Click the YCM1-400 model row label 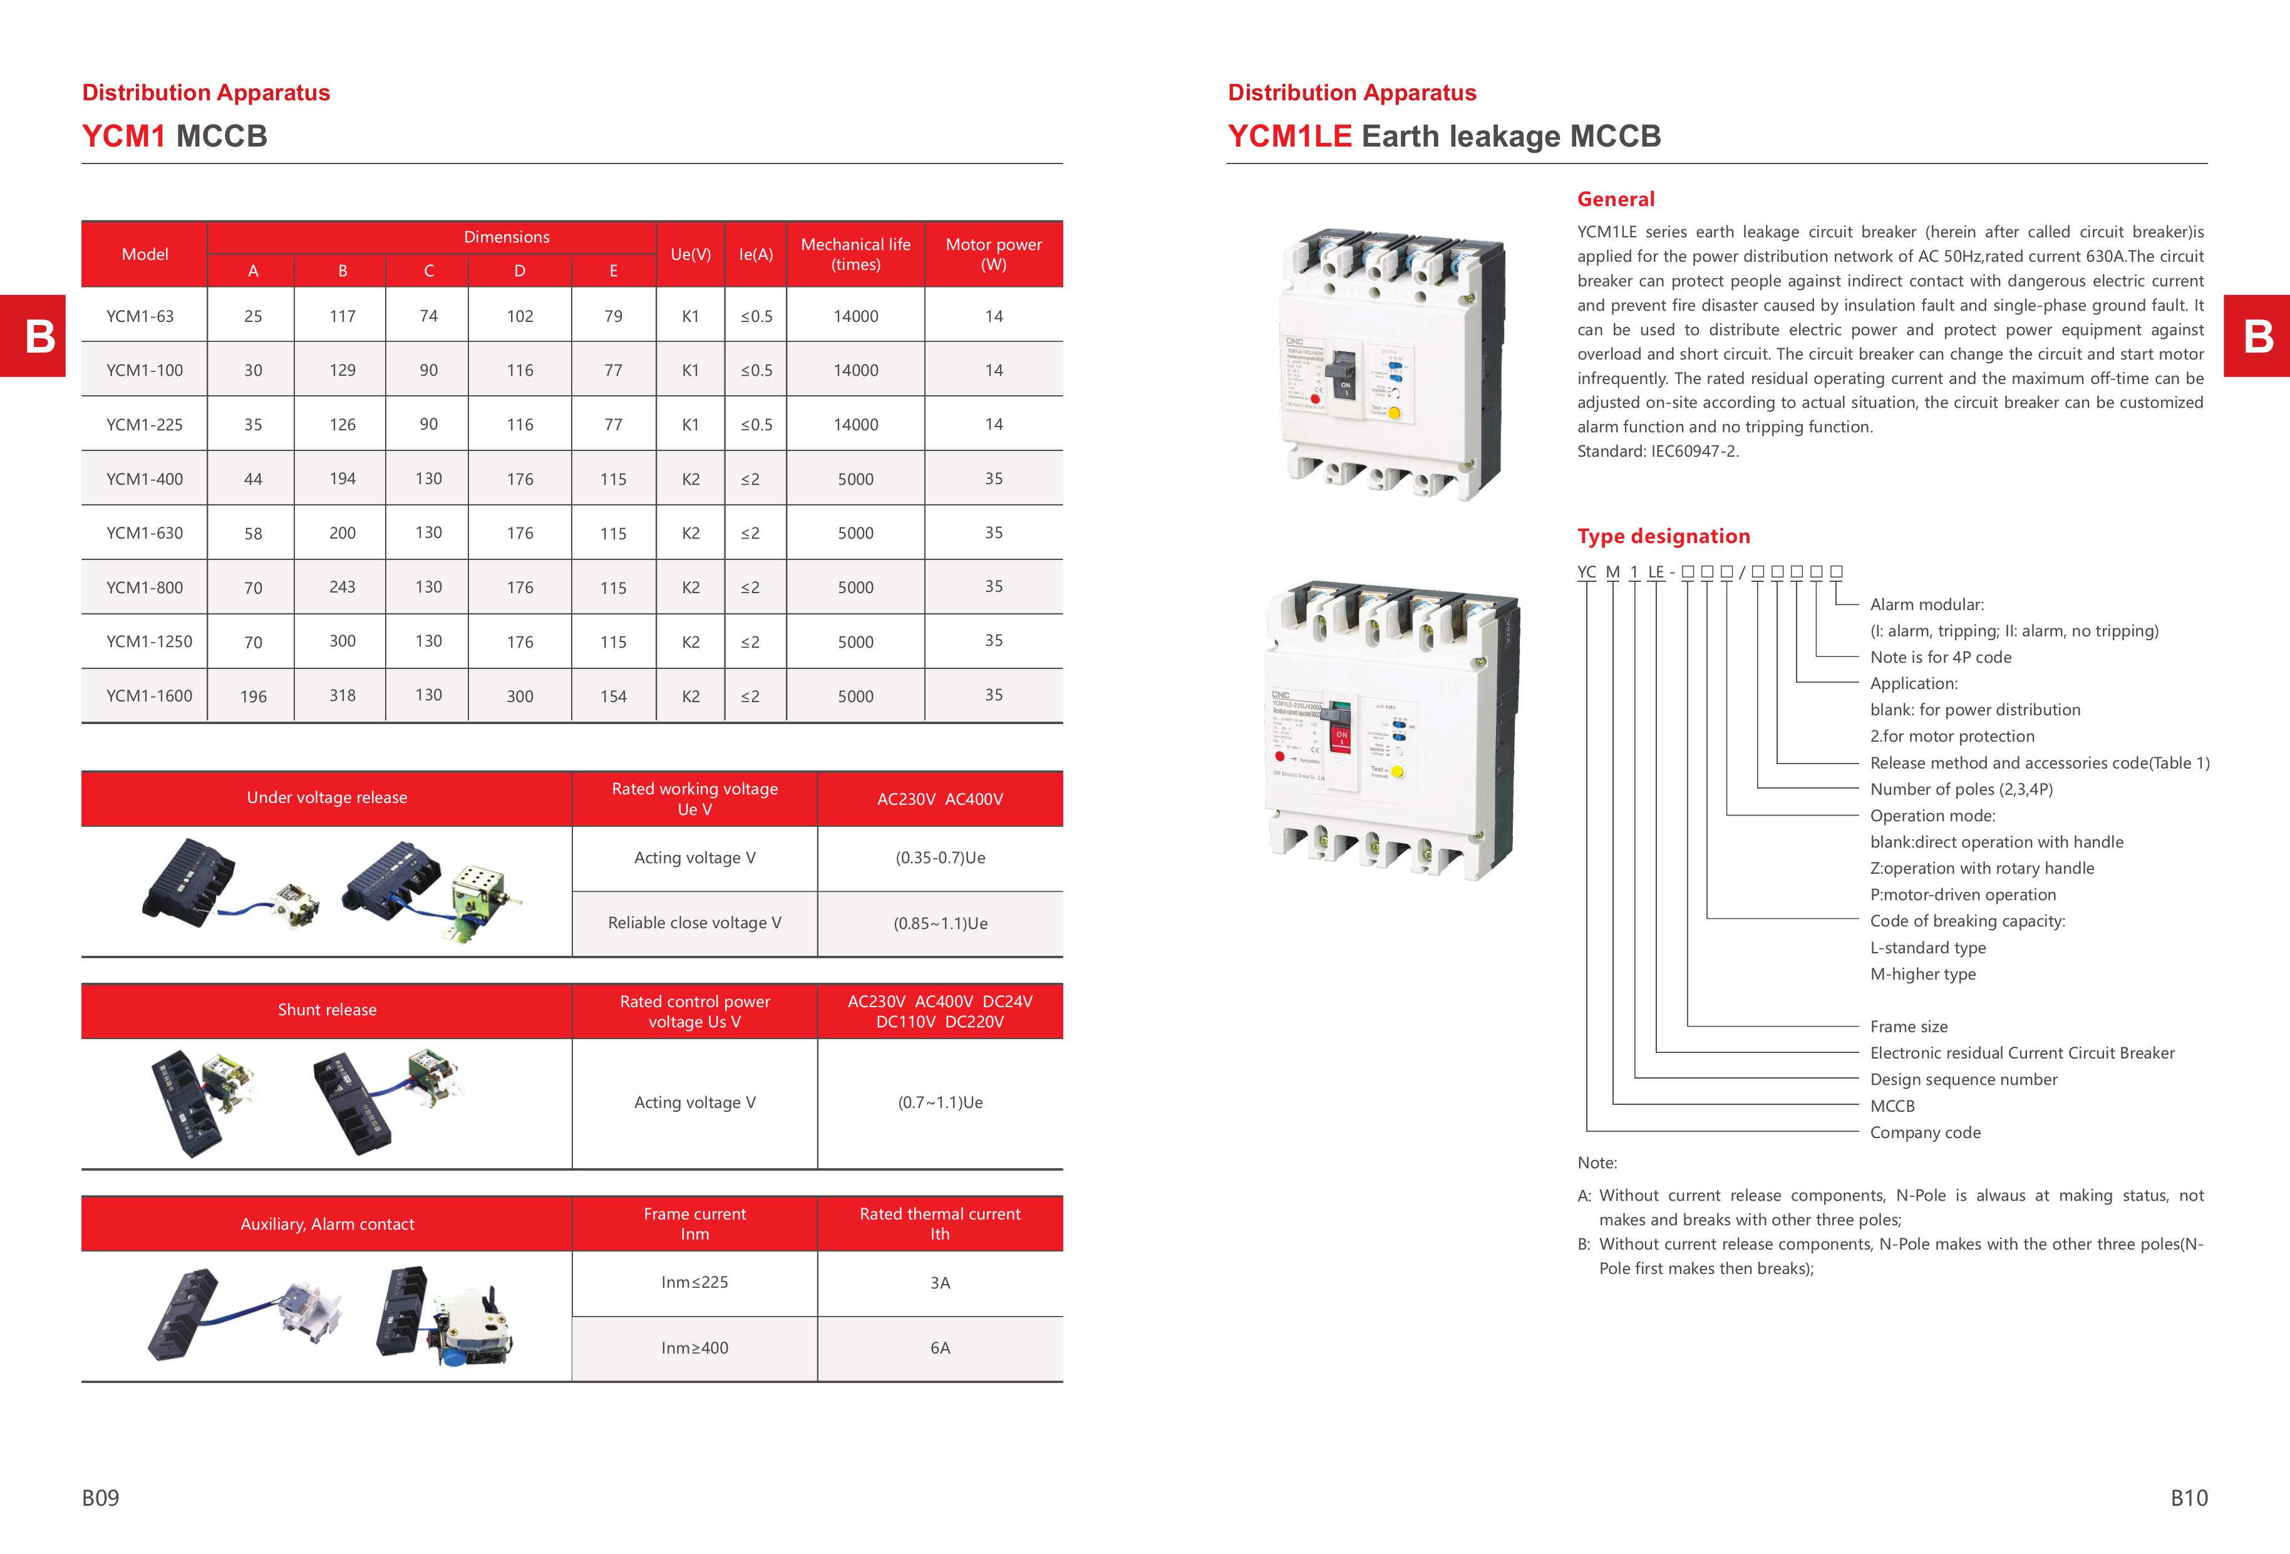[x=144, y=479]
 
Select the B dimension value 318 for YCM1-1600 [x=342, y=696]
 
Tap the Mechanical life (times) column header [x=855, y=254]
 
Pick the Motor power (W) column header [x=993, y=254]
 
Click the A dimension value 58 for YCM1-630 [x=253, y=533]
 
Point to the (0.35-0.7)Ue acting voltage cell [x=940, y=857]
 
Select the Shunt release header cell [x=327, y=1010]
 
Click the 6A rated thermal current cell [x=940, y=1348]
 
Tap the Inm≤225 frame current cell [x=694, y=1282]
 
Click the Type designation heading [x=1663, y=536]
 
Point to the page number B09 [x=101, y=1498]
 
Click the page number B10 [x=2189, y=1498]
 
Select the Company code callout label [x=1924, y=1132]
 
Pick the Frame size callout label [x=1909, y=1027]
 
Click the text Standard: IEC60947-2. [x=1658, y=452]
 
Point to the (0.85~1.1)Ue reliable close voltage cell [x=940, y=923]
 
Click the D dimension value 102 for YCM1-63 [x=519, y=316]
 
